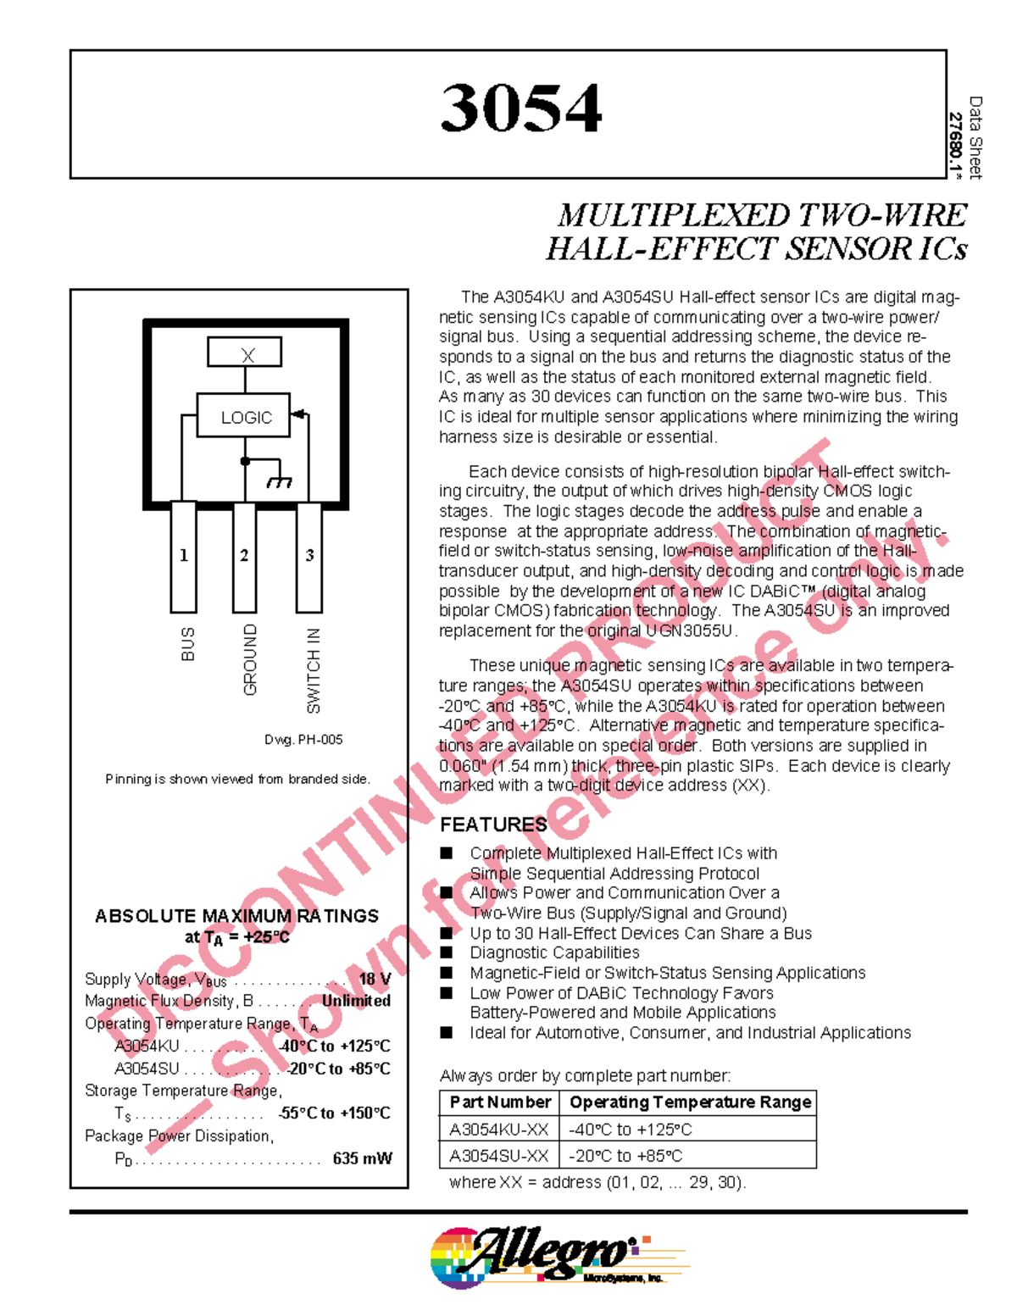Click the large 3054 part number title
520,108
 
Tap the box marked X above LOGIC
245,353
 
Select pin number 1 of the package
184,556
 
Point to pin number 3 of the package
309,556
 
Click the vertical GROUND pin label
250,660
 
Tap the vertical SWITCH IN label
314,670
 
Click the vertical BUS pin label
188,644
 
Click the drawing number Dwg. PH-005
303,740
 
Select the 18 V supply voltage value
375,979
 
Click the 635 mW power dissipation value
362,1158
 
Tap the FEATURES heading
493,825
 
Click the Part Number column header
500,1102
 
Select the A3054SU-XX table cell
499,1156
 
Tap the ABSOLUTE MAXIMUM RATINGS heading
236,916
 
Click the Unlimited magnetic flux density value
356,1001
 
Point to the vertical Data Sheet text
975,137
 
